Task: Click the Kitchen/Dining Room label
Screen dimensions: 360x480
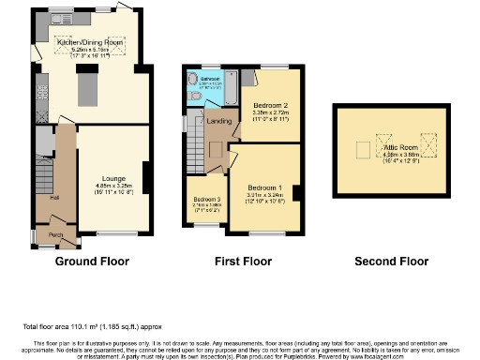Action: [91, 42]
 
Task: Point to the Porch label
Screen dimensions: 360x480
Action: [55, 234]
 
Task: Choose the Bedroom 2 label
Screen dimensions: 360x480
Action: [271, 106]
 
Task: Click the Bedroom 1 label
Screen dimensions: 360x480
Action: [267, 188]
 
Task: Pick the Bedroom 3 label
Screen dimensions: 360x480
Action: [206, 200]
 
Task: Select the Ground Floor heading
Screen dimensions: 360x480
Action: [92, 261]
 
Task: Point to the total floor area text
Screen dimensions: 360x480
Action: [79, 326]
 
